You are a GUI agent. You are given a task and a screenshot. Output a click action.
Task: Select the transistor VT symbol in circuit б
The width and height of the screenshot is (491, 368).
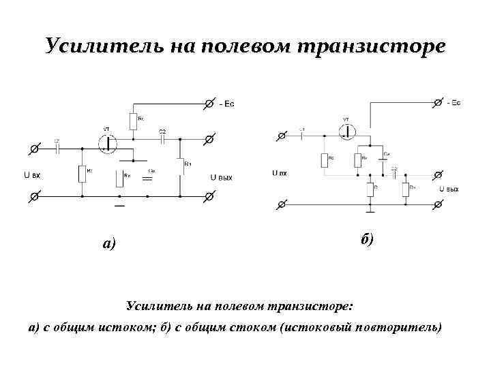point(348,130)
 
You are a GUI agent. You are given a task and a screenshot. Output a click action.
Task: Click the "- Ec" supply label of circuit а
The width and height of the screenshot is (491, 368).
point(228,104)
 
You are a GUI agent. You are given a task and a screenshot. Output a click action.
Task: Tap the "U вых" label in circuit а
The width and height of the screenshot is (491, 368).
point(222,178)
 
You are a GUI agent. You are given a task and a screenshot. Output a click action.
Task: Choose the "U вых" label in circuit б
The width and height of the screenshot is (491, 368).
point(449,189)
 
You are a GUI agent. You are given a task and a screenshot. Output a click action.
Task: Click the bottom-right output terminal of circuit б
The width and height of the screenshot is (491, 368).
point(437,204)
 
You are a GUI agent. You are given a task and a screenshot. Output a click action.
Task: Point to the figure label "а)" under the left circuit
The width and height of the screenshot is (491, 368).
point(108,243)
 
